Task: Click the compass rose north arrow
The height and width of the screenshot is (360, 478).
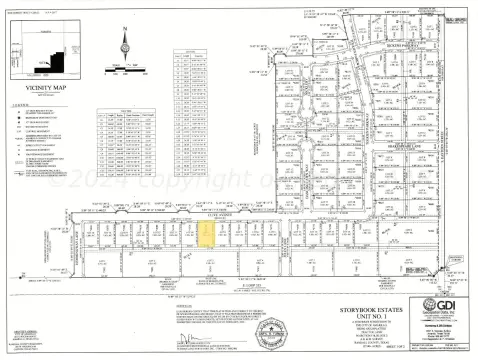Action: (125, 46)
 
